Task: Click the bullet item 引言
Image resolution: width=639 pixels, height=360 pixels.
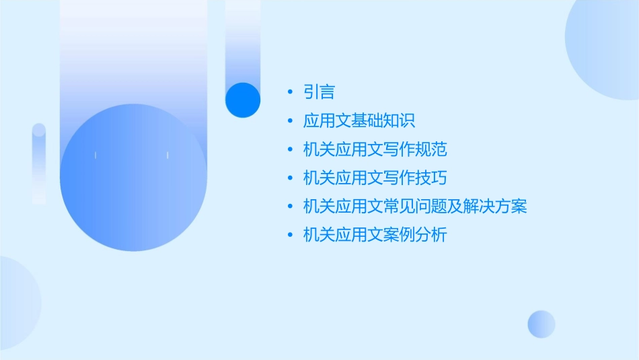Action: point(319,92)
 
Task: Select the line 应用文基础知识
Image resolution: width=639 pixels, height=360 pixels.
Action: point(359,121)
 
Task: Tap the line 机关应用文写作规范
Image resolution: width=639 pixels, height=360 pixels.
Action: point(375,149)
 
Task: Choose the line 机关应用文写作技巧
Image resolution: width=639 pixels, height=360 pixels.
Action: point(375,178)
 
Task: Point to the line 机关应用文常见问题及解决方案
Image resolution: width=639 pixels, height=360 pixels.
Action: point(415,207)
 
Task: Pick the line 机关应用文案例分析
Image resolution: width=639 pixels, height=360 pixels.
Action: point(375,235)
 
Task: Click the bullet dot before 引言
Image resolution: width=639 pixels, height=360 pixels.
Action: point(289,92)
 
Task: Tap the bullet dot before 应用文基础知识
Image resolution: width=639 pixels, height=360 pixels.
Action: point(289,121)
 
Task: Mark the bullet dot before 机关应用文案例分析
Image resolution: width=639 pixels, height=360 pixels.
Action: point(289,235)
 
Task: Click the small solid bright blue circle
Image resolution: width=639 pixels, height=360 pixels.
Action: point(243,100)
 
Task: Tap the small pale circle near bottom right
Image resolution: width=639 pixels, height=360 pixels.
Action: point(541,324)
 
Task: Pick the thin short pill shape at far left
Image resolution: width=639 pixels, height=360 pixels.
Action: point(39,164)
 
